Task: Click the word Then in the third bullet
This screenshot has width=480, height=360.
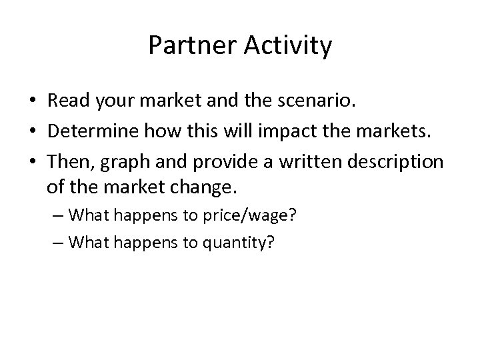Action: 65,162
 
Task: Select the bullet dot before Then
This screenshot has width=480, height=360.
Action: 33,163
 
